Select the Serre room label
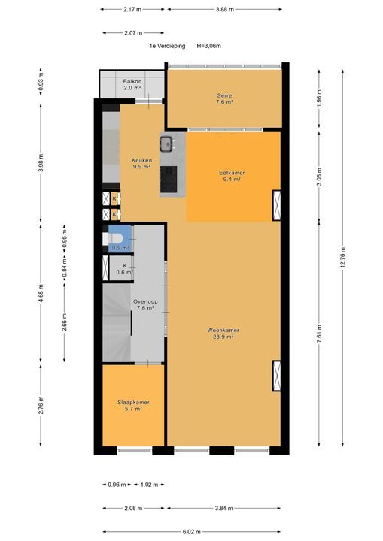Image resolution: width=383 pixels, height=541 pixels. coord(224,98)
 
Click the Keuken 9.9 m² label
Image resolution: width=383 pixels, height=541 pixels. coord(141,163)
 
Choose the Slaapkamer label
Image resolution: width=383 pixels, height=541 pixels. coord(132,406)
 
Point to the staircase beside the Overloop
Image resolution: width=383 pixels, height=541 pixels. coord(117,323)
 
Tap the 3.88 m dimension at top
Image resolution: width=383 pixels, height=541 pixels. coord(223,10)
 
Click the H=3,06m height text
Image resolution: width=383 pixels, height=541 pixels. coord(208,46)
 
